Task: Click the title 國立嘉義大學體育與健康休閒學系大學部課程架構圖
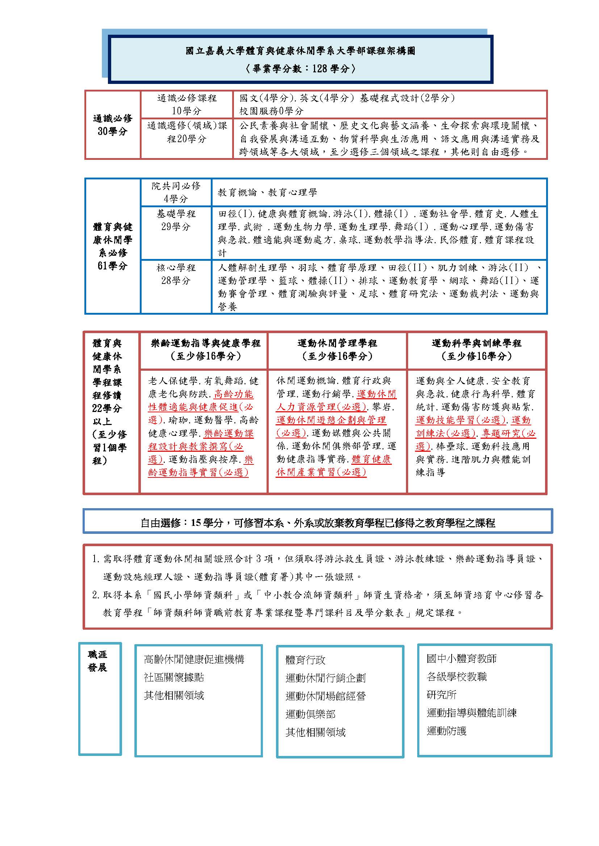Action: [x=300, y=51]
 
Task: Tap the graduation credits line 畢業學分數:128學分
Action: [x=300, y=68]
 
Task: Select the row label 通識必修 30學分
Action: [x=112, y=124]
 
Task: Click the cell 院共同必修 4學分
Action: [x=176, y=192]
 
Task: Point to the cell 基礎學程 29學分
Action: [x=176, y=220]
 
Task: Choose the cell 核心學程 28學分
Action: [x=176, y=274]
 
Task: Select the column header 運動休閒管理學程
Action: [x=337, y=350]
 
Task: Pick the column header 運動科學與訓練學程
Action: [x=476, y=350]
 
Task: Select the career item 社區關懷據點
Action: [x=174, y=677]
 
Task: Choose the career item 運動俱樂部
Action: [x=310, y=714]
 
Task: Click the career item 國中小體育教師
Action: [x=461, y=658]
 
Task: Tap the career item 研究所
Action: [x=441, y=695]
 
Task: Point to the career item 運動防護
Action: [x=447, y=731]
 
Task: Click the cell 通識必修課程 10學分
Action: [x=187, y=104]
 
